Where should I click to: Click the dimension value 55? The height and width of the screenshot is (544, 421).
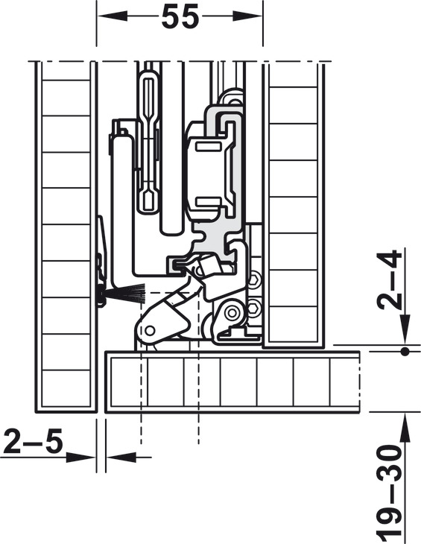point(180,17)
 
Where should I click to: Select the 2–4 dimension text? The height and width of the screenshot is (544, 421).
point(389,279)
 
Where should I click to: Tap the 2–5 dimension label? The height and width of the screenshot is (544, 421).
point(34,441)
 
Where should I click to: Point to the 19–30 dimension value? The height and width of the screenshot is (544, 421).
point(390,494)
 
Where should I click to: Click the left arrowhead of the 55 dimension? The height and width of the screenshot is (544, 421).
point(112,16)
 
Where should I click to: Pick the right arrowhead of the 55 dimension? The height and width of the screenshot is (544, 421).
point(247,16)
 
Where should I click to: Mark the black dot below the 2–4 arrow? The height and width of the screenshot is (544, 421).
point(405,352)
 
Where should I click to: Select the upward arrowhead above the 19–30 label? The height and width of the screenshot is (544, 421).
point(405,428)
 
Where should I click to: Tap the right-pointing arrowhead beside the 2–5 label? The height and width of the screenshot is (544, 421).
point(80,458)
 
